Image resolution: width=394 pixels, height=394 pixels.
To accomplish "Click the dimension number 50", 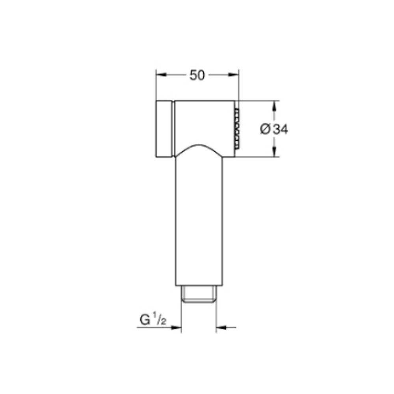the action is point(197,75).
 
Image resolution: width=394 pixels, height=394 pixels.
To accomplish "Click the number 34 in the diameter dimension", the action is point(281,129).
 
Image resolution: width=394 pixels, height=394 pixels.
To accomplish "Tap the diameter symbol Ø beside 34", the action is point(265,129).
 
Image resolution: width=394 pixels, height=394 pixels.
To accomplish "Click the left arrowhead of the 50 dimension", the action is point(161,75).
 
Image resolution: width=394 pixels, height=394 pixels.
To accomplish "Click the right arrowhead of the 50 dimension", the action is point(233,75).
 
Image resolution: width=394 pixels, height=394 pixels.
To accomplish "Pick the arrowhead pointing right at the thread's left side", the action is point(176,327).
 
